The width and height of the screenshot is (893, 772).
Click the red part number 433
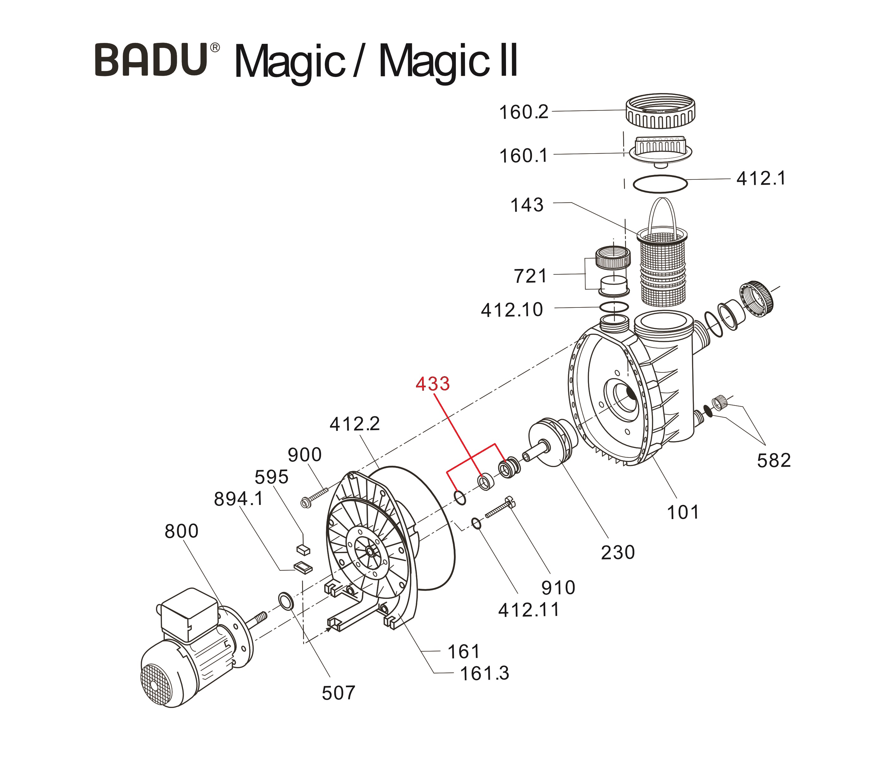click(x=432, y=384)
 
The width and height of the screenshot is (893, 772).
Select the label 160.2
click(x=523, y=113)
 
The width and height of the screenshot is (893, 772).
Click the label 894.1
click(x=238, y=499)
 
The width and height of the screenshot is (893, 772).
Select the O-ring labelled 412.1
click(x=660, y=184)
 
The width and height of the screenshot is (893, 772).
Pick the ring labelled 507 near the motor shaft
click(x=285, y=601)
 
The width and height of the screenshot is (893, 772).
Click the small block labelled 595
click(x=304, y=549)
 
